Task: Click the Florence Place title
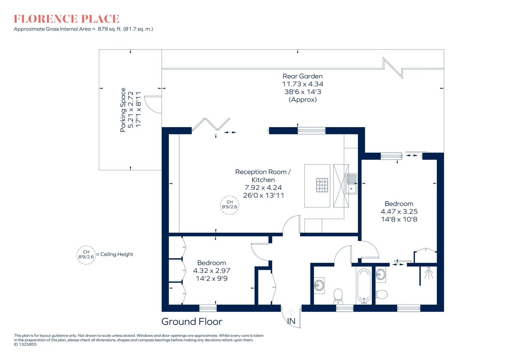coord(66,19)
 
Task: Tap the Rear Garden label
coord(303,76)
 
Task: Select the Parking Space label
coord(123,110)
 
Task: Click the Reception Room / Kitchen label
coord(263,176)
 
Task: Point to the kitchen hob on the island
coord(322,185)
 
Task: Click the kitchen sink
coord(351,184)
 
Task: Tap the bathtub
coord(364,286)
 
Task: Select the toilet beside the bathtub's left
coord(338,296)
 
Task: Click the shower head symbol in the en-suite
coord(429,273)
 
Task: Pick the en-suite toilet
coord(381,294)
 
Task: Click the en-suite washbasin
coord(381,274)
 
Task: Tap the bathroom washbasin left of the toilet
coord(319,286)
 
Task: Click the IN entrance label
coord(291,321)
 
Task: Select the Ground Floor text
coord(192,322)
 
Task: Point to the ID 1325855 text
coord(25,344)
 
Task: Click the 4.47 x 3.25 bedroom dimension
coord(399,212)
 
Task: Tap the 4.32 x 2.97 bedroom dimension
coord(211,271)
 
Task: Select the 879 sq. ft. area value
coord(110,29)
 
